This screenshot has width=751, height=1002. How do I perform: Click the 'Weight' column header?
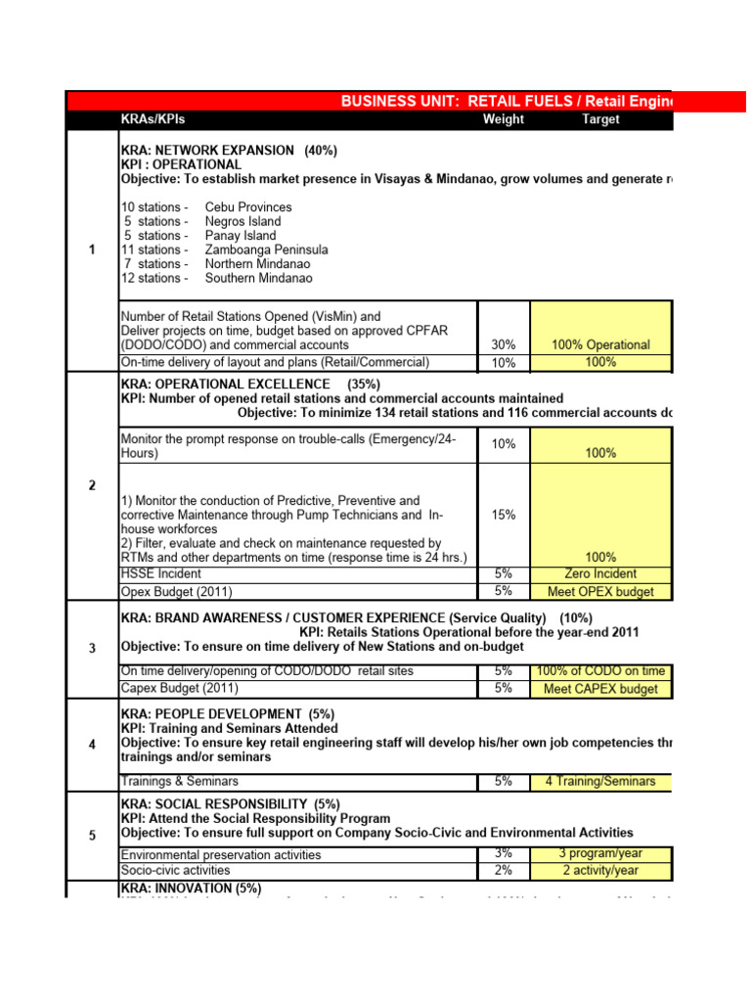tap(504, 119)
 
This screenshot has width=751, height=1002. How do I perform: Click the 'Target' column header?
tap(600, 119)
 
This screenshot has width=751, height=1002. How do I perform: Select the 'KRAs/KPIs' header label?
tap(153, 119)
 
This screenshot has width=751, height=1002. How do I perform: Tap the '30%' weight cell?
tap(504, 345)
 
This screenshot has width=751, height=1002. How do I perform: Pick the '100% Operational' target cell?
tap(600, 345)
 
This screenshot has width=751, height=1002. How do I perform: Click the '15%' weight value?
tap(504, 515)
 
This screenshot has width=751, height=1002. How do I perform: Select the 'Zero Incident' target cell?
tap(600, 574)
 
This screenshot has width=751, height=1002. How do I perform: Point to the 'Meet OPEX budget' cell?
tap(600, 592)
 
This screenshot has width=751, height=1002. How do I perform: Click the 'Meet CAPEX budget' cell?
tap(600, 689)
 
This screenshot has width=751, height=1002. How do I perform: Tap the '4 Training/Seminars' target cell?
tap(600, 782)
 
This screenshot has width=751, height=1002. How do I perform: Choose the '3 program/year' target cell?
tap(600, 854)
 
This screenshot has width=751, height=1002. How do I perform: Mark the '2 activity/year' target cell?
tap(600, 871)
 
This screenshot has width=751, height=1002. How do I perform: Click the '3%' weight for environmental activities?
tap(504, 854)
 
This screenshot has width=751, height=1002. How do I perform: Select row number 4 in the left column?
tap(92, 745)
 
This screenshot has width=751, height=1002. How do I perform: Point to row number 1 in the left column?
tap(92, 250)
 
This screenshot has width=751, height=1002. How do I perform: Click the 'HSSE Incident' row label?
tap(161, 574)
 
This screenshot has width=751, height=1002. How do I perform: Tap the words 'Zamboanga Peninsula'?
tap(266, 250)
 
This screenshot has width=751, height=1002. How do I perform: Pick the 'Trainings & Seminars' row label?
tap(179, 782)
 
